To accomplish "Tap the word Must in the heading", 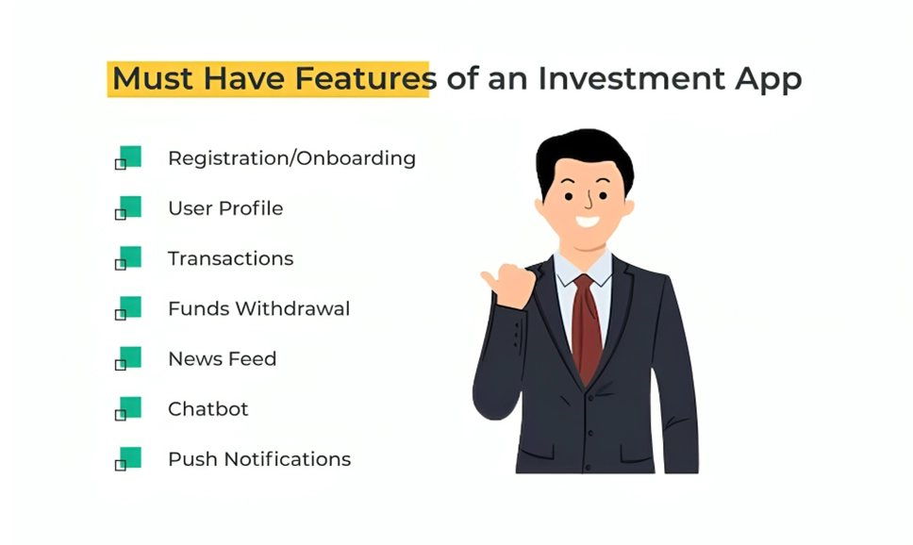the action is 153,78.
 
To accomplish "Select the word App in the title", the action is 769,80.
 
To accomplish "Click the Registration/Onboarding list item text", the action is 291,158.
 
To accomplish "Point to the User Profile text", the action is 225,207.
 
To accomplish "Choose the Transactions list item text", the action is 230,258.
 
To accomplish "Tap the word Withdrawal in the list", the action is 292,308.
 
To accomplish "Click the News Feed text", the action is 222,358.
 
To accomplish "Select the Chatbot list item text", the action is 207,409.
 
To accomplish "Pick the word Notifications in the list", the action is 288,459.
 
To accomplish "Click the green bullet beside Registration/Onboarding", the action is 128,157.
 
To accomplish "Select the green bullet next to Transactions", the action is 128,258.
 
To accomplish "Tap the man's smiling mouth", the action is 587,222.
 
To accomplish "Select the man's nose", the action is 589,201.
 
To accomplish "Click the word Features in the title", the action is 366,78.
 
